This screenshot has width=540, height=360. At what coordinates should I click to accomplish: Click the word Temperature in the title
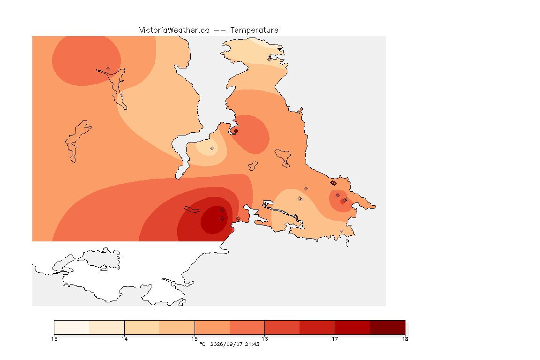[254, 30]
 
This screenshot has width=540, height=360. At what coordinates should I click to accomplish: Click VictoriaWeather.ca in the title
[174, 30]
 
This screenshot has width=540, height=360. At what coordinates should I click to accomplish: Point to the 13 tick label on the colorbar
[54, 339]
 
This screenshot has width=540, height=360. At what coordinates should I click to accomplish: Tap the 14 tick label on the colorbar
[124, 339]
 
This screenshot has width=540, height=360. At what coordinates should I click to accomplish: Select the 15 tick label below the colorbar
[195, 339]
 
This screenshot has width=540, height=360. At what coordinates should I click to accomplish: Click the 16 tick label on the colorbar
[264, 339]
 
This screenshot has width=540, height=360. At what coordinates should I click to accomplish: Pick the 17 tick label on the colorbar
[335, 339]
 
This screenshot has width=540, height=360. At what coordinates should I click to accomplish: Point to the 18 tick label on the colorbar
[405, 339]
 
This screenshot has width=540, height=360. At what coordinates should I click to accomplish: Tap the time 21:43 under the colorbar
[252, 344]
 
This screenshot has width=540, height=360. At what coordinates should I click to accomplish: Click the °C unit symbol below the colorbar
[202, 344]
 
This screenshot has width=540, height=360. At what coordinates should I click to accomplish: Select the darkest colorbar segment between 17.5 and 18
[388, 327]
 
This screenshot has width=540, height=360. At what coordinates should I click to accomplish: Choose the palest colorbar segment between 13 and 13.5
[72, 327]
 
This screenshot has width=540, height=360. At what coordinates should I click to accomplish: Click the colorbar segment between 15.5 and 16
[247, 327]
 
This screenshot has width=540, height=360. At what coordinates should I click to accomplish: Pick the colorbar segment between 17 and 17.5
[352, 327]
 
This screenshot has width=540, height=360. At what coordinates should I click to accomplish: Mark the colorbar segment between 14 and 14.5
[142, 327]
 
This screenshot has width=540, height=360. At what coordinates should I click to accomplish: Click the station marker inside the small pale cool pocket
[212, 149]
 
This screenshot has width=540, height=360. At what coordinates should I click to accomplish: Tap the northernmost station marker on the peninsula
[270, 59]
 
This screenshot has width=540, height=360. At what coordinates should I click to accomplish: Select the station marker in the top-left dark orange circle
[108, 69]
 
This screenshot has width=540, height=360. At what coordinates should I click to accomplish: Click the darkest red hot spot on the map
[214, 220]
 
